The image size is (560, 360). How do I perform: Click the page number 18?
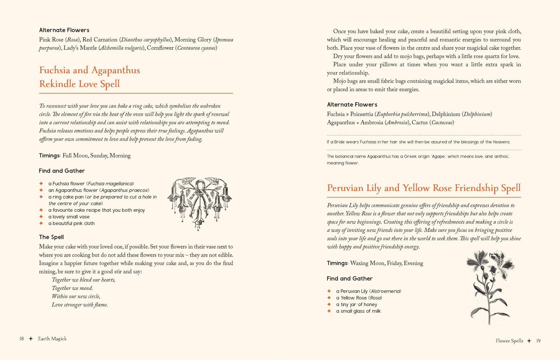point(22,339)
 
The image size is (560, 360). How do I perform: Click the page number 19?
point(538,341)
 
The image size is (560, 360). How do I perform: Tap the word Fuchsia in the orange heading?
point(55,70)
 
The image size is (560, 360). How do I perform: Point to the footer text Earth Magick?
point(52,339)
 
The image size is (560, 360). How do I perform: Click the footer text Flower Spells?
point(509,341)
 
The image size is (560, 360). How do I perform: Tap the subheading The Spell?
point(52,237)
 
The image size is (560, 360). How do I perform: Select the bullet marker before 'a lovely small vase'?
point(41,217)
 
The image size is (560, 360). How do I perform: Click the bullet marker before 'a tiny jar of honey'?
point(329,304)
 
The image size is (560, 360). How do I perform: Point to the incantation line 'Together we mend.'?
point(72,288)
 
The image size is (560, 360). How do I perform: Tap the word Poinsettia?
point(362,114)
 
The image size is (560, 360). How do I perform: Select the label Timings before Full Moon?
point(49,156)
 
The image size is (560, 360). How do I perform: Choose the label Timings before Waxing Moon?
point(337,263)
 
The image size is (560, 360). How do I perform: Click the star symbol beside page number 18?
point(31,339)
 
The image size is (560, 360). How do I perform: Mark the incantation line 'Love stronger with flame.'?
point(80,305)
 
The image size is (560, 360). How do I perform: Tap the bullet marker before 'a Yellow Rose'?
point(329,298)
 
